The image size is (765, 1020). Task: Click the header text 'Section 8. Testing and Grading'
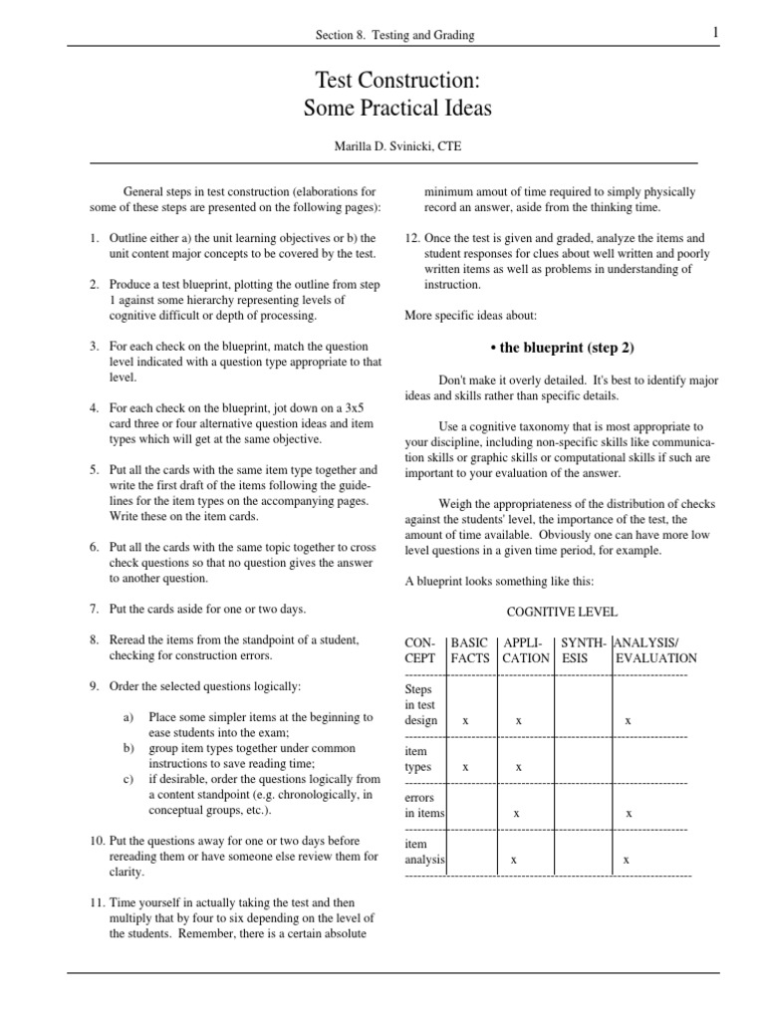(394, 35)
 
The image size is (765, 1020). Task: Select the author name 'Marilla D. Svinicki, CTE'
(397, 146)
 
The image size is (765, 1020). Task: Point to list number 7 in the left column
(93, 609)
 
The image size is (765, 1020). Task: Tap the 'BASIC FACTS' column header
(470, 649)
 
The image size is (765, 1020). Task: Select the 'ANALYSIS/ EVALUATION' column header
(655, 649)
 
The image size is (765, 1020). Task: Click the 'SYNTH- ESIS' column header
(582, 649)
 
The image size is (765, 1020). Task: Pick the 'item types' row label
(417, 759)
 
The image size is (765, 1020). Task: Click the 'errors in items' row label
(422, 806)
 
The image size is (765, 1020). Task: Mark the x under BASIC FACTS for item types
(466, 767)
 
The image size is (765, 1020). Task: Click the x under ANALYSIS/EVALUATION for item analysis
(626, 859)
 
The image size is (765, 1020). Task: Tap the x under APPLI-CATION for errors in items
(516, 814)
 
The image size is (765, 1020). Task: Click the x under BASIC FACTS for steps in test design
(466, 719)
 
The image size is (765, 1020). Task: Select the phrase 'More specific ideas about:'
(470, 316)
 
